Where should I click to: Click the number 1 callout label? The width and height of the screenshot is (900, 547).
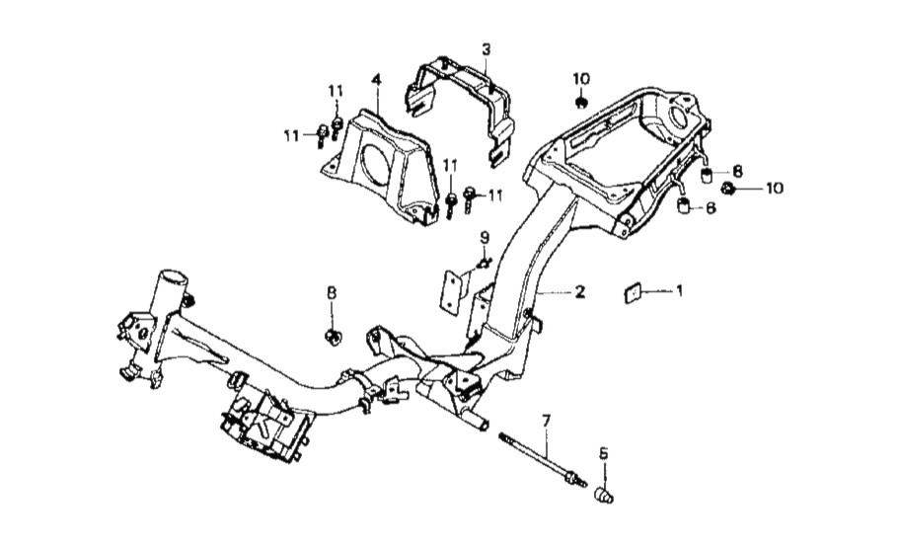pyautogui.click(x=680, y=291)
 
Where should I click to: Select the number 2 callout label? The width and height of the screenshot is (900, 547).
pyautogui.click(x=579, y=292)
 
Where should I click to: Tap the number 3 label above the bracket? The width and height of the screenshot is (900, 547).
pyautogui.click(x=487, y=49)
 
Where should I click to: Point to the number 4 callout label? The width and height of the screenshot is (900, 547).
pyautogui.click(x=376, y=79)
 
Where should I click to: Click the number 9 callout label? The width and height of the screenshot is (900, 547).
pyautogui.click(x=484, y=237)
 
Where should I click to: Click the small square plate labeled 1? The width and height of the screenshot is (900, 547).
pyautogui.click(x=632, y=293)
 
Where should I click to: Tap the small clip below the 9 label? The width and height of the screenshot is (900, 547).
pyautogui.click(x=484, y=264)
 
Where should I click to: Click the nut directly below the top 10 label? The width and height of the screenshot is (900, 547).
pyautogui.click(x=581, y=104)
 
